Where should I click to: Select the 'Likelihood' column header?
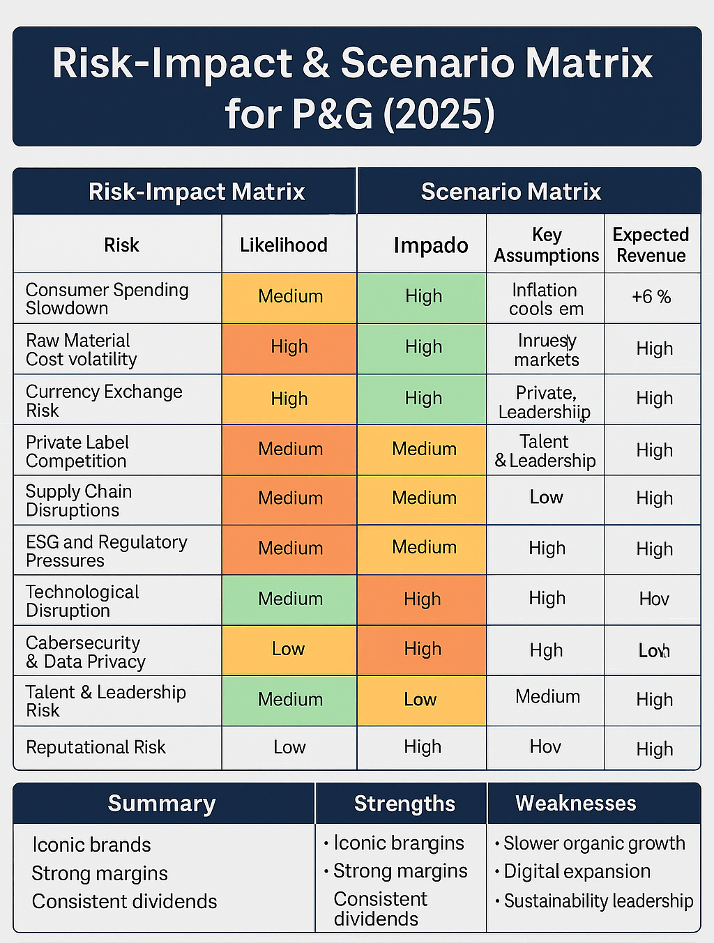coord(284,245)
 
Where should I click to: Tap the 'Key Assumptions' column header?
coord(547,245)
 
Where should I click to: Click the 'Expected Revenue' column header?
coord(651,245)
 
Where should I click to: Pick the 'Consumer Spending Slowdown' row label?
coord(107,298)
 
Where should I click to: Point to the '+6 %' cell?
coord(651,297)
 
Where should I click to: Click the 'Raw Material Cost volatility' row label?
coord(81,349)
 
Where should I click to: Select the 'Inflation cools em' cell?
coord(545,299)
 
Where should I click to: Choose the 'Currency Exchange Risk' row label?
coord(103,401)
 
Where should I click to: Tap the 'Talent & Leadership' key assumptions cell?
coord(545,451)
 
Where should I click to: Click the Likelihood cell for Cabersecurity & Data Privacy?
coord(289,650)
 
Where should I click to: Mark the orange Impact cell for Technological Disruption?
coord(422,599)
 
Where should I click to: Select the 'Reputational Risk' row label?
coord(96,747)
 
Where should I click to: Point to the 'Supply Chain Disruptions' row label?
coord(78,500)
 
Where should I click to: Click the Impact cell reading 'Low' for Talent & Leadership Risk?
coord(420,700)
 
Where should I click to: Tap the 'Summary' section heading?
coord(162,804)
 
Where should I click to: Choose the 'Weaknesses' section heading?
coord(576,804)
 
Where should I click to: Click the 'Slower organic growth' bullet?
coord(594,843)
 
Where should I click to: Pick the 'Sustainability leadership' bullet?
coord(598,901)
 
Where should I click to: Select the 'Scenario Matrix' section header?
coord(511,192)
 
